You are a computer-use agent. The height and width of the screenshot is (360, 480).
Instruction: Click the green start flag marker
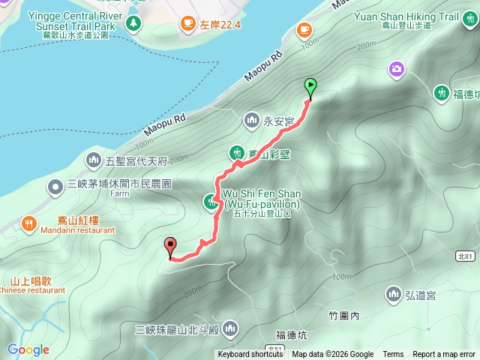[310, 86]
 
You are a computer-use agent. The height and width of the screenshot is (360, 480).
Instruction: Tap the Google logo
[28, 349]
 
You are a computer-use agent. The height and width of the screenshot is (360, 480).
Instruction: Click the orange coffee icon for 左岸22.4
[186, 25]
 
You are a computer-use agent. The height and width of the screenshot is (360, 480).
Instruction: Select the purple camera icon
[396, 70]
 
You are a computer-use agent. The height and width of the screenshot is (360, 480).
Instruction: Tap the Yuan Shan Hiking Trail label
[428, 16]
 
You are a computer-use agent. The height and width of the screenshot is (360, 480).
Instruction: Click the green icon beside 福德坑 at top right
[442, 92]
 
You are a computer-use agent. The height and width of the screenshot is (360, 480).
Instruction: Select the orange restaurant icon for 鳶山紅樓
[28, 222]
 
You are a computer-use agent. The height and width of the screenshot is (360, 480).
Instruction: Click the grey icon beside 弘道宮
[394, 292]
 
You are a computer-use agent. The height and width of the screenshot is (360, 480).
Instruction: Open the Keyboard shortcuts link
[251, 355]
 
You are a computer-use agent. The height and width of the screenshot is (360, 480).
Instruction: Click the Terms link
[393, 355]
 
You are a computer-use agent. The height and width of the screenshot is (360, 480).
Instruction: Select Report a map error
[444, 355]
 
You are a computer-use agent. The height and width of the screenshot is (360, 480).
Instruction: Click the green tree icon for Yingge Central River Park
[133, 23]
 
